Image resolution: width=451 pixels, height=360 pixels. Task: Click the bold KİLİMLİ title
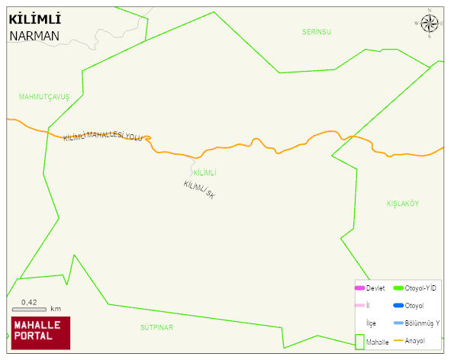click(x=34, y=18)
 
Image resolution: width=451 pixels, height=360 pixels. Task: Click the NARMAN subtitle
click(x=34, y=35)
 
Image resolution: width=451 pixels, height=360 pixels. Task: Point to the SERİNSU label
click(x=316, y=31)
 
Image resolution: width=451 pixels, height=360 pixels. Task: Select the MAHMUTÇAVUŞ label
click(x=44, y=97)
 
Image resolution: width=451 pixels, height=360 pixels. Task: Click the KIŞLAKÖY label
click(x=403, y=204)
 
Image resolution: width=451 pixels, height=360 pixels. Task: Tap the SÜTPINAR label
click(x=156, y=327)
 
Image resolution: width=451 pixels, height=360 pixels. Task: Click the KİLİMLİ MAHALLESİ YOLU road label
click(x=103, y=136)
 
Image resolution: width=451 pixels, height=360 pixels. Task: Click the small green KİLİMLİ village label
click(x=205, y=173)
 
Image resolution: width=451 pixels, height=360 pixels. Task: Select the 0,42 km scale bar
click(x=30, y=308)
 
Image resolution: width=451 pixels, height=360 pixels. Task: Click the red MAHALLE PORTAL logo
click(x=40, y=332)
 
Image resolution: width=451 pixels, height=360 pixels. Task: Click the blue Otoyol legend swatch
click(x=398, y=306)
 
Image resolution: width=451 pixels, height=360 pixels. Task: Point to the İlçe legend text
click(x=371, y=323)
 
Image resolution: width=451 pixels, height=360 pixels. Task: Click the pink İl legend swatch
click(x=360, y=306)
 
